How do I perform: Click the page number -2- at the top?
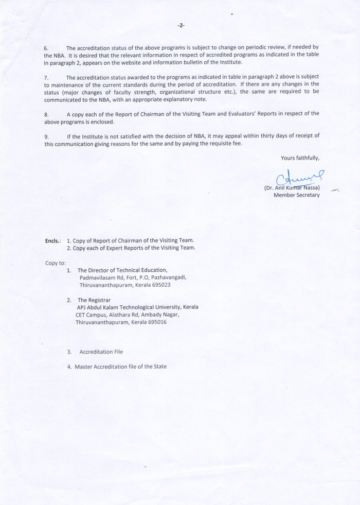(181, 25)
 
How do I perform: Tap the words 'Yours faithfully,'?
(300, 158)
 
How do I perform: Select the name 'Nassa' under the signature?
(310, 187)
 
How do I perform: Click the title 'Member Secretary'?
(297, 195)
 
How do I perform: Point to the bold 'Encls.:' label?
(53, 241)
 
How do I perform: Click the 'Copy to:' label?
(56, 263)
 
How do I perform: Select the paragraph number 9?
(46, 136)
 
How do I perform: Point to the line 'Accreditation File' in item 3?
(101, 352)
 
